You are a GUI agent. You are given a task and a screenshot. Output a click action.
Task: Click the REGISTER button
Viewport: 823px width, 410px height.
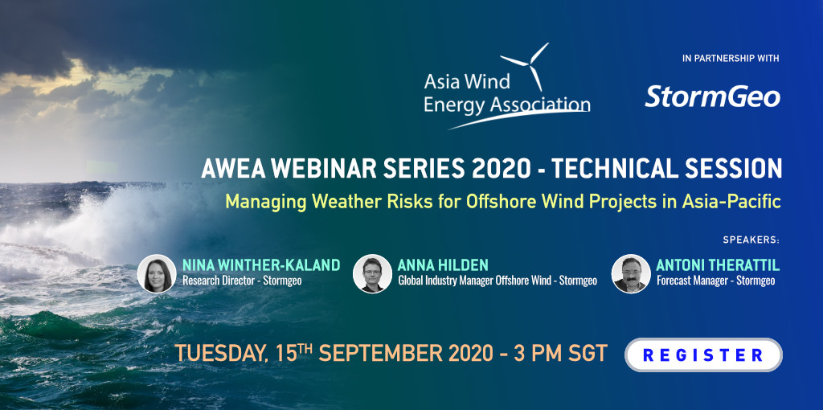click(703, 355)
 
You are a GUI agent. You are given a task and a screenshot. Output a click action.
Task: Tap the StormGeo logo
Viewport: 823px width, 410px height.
click(712, 97)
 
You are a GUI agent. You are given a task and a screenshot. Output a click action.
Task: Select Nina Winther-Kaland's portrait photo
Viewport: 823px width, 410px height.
click(157, 273)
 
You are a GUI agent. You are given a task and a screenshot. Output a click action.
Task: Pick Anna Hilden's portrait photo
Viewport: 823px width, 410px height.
click(372, 273)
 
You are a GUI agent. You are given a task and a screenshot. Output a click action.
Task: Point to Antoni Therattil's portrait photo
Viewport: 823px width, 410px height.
click(631, 273)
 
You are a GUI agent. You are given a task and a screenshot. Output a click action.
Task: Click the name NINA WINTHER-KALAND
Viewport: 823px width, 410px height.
click(261, 265)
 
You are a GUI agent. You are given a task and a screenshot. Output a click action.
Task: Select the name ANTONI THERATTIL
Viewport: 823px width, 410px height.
click(718, 265)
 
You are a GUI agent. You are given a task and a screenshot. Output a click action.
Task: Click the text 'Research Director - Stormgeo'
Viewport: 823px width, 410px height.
click(242, 281)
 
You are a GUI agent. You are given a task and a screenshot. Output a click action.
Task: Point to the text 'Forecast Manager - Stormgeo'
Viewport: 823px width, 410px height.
click(716, 281)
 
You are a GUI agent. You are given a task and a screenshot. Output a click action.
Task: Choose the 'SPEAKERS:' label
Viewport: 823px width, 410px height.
click(751, 240)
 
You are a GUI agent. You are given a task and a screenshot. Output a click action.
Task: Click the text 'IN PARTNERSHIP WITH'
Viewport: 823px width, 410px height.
click(731, 59)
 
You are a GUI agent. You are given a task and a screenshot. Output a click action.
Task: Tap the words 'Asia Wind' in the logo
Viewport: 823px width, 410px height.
click(467, 83)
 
